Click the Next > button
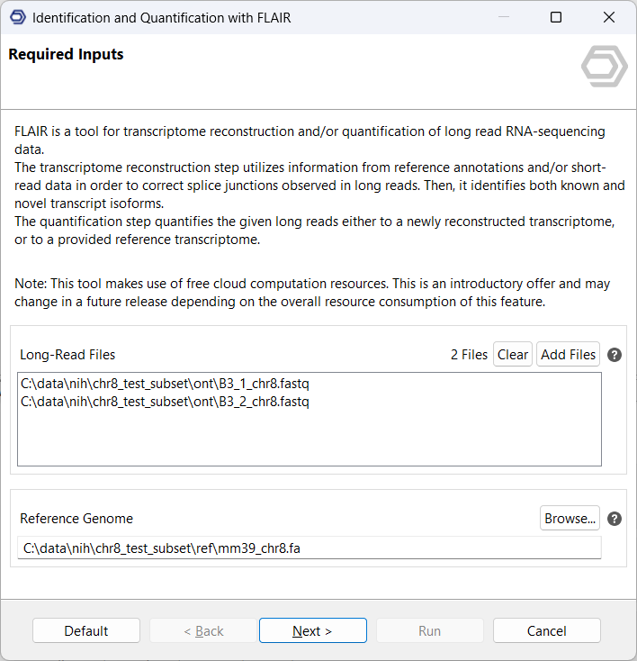point(312,630)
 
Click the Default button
point(86,630)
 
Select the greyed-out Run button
point(429,630)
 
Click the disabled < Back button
point(203,630)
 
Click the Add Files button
point(568,354)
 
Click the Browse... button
point(570,518)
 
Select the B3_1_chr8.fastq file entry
point(165,385)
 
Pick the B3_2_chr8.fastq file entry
point(165,402)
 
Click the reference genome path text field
point(310,548)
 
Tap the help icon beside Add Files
point(615,355)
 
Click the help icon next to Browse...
point(615,519)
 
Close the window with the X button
point(609,17)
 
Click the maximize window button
point(556,17)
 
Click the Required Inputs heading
point(66,54)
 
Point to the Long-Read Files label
point(67,355)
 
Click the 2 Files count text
point(469,355)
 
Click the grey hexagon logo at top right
point(604,67)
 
